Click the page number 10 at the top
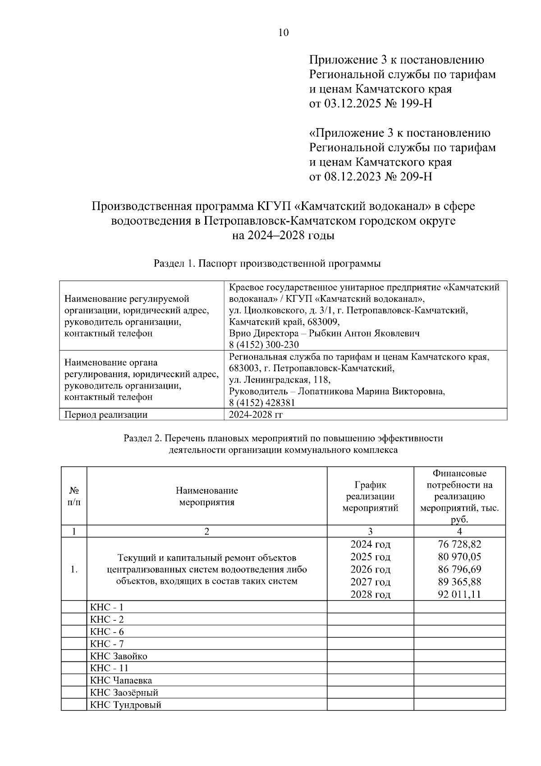click(284, 32)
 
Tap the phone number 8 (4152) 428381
click(262, 403)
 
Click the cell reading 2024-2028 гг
click(256, 415)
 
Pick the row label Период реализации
click(106, 415)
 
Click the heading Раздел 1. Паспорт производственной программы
click(267, 263)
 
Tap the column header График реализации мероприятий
click(370, 496)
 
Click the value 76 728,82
click(459, 544)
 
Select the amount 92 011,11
click(459, 594)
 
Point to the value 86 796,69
click(459, 569)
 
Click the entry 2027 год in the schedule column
click(370, 582)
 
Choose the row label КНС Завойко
click(119, 656)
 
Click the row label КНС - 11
click(109, 668)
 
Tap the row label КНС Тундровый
click(125, 705)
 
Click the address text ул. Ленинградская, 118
click(279, 380)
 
